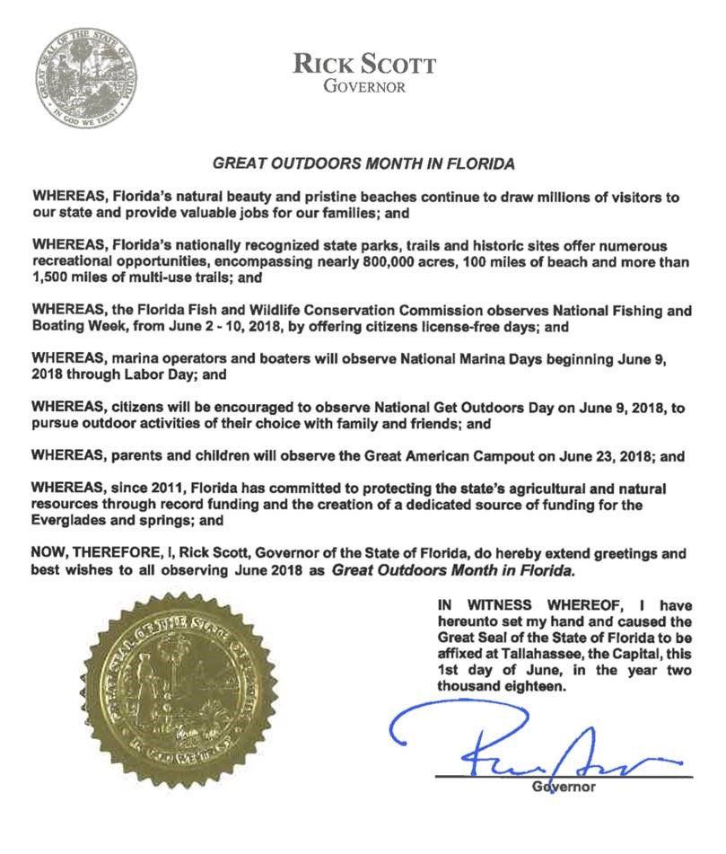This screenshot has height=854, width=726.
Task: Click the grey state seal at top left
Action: click(x=83, y=78)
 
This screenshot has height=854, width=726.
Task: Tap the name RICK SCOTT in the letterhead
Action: click(x=363, y=65)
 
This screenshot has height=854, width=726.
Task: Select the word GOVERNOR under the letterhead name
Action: click(x=363, y=86)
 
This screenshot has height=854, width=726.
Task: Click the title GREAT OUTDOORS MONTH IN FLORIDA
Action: click(x=363, y=165)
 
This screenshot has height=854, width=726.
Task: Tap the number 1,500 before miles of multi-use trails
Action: click(x=49, y=277)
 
